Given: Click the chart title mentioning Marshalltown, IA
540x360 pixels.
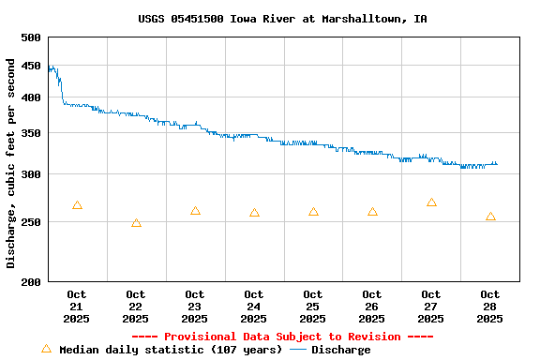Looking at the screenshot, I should tap(282, 19).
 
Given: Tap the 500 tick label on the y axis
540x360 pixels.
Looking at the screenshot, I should tap(31, 37).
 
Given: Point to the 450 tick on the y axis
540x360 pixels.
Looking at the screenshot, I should tap(31, 66).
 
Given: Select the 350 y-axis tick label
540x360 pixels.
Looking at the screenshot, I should tap(31, 134).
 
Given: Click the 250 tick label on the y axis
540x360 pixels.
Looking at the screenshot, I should tap(31, 222).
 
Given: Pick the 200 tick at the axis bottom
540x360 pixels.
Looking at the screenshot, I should tap(31, 281).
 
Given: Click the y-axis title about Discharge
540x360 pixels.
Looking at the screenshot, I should tap(11, 163).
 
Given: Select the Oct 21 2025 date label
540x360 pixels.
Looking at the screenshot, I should tap(77, 307).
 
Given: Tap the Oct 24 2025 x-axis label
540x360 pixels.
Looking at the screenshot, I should tap(254, 307).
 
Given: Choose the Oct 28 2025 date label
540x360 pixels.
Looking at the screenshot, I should tap(490, 307).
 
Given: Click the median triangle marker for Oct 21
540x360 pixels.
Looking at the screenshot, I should tap(77, 205).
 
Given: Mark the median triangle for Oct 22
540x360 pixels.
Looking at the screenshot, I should tap(136, 223).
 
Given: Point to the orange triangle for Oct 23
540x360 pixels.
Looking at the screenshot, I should tap(195, 211).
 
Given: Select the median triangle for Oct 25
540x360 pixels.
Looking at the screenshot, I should tap(313, 212).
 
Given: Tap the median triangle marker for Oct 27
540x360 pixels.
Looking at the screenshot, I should tap(431, 202).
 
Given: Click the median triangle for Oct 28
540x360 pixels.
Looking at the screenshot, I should tap(490, 217).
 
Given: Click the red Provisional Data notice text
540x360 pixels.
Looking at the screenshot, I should tap(282, 337).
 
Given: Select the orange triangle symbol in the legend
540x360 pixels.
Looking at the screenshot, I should tap(46, 349).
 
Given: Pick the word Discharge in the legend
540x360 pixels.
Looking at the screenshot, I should tap(340, 350).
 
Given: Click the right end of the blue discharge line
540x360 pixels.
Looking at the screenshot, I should tap(497, 164).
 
